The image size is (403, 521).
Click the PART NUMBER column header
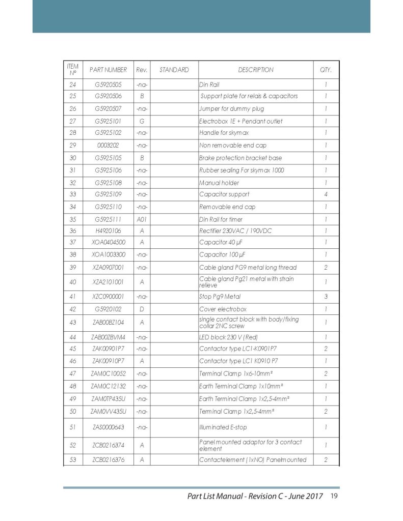point(108,70)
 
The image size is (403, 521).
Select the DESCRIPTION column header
point(255,70)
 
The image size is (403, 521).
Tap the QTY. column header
point(326,70)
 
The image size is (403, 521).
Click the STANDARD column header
point(174,70)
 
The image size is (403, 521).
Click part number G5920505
point(108,84)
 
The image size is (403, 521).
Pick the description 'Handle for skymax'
point(223,133)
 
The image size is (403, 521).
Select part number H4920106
point(108,231)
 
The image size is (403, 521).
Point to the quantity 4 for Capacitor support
point(326,194)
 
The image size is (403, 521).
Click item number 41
point(73,296)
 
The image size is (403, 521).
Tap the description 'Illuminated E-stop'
point(223,427)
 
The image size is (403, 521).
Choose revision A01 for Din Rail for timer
point(142,219)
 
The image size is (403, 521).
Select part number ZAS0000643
point(108,427)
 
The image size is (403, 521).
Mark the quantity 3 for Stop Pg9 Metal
point(326,296)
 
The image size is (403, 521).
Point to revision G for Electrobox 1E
point(142,122)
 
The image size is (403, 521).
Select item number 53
point(73,460)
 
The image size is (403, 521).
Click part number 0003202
point(108,146)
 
